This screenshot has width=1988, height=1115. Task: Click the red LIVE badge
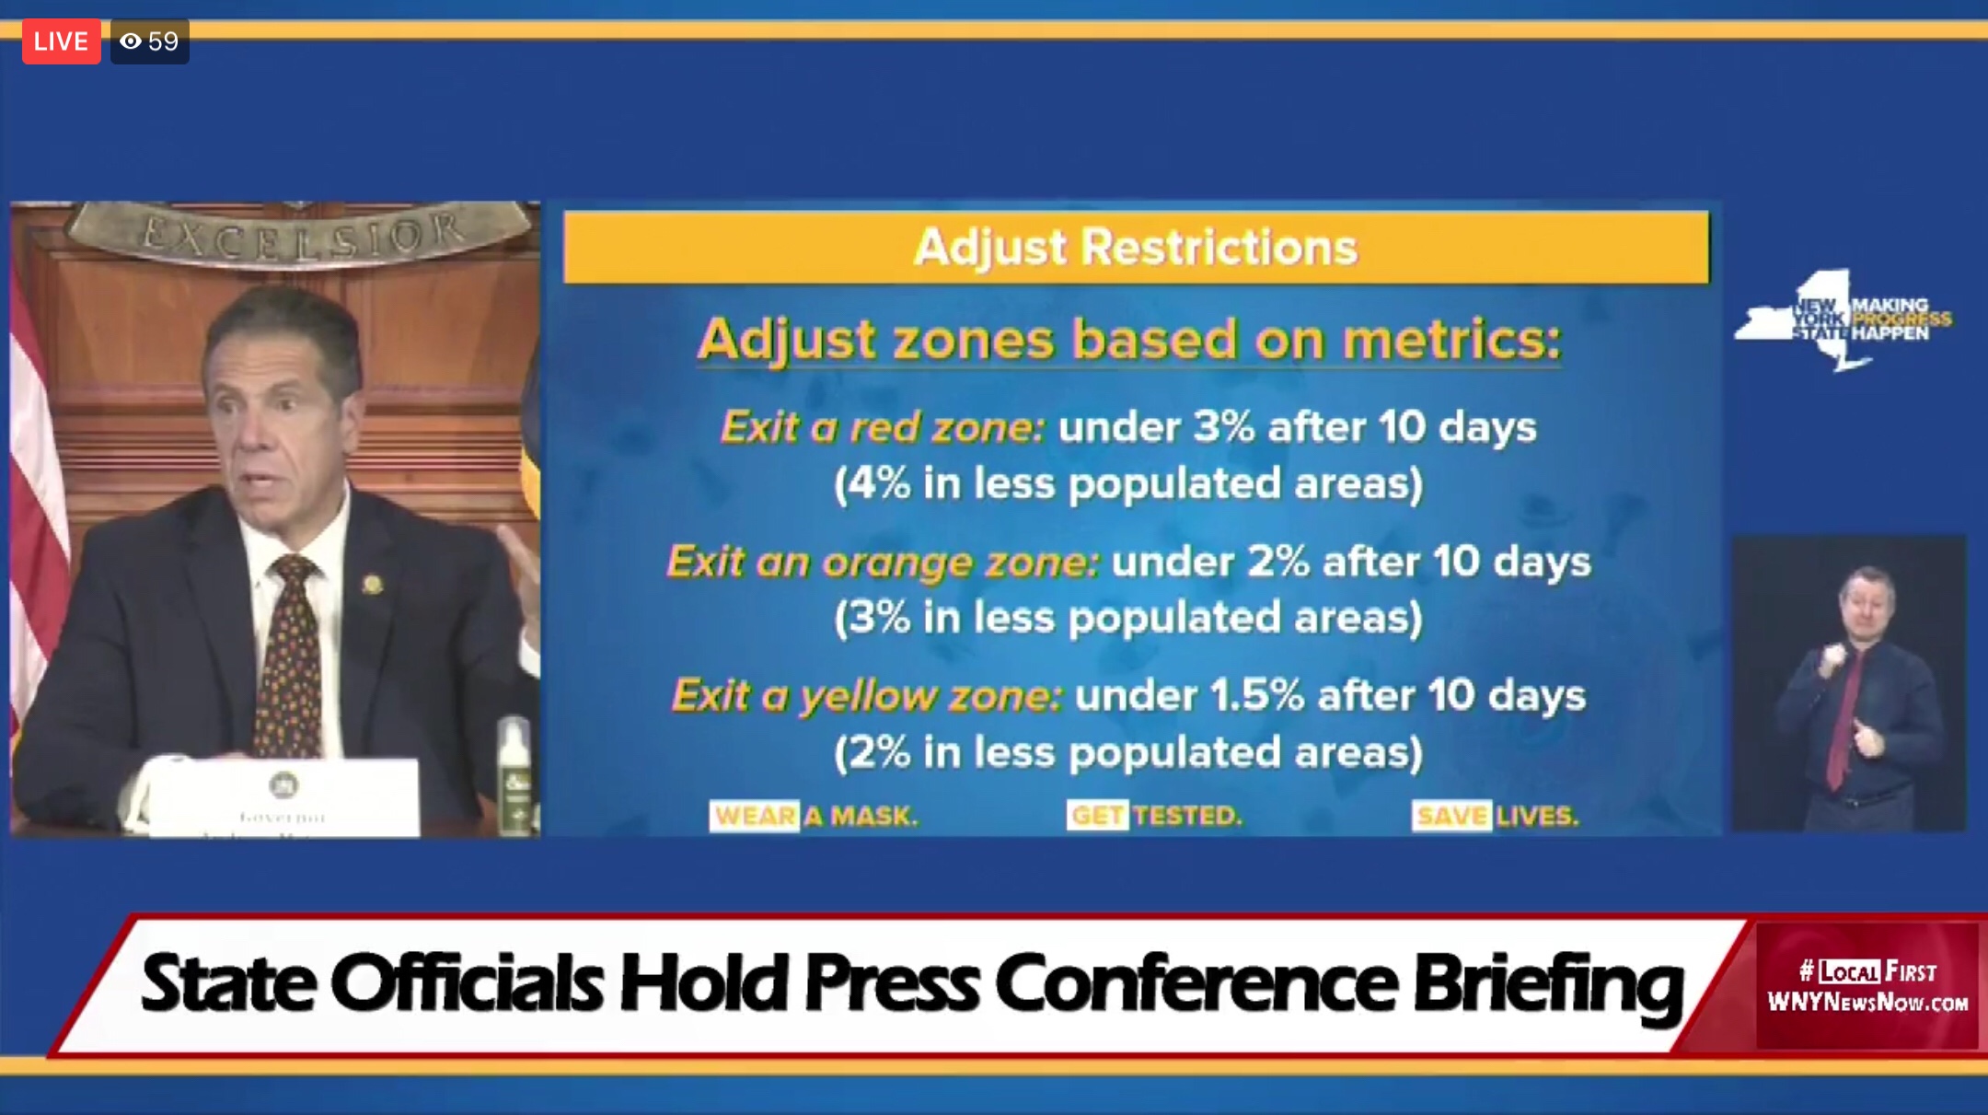[61, 41]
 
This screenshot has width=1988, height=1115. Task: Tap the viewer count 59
[162, 41]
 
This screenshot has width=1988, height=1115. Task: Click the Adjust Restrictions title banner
[1136, 247]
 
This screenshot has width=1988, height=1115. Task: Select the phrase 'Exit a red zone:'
[883, 427]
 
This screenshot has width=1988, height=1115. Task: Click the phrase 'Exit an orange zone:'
[883, 562]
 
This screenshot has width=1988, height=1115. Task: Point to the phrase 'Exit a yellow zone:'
[867, 696]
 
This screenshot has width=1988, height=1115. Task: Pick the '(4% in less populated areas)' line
[1128, 484]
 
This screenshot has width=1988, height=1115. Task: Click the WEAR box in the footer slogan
[755, 816]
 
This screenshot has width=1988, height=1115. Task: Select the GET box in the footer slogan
[1097, 816]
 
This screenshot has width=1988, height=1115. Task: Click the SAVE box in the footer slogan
[1451, 816]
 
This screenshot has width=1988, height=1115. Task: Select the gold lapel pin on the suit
[372, 584]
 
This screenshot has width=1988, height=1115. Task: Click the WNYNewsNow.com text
[1867, 1002]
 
